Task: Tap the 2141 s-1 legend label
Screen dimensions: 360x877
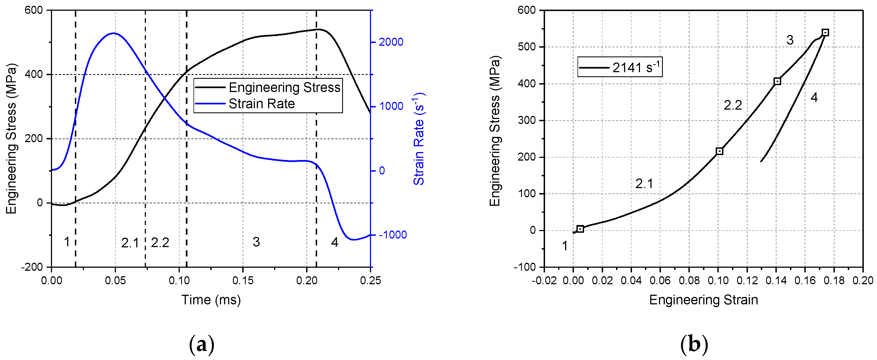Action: pos(636,67)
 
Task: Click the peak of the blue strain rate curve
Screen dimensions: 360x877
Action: pos(114,33)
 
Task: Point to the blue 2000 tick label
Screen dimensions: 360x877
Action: pos(391,42)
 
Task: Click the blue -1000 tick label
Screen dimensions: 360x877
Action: pos(393,235)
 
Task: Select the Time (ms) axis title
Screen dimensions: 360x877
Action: pos(211,300)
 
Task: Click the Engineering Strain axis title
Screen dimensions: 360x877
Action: pos(703,300)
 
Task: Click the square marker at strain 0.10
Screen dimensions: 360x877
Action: pos(719,151)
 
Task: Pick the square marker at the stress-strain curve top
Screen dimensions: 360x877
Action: pos(825,33)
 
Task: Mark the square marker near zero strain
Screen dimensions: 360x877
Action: pos(581,229)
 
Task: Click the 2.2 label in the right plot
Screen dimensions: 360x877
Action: pos(733,105)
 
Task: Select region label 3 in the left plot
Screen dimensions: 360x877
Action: pos(256,242)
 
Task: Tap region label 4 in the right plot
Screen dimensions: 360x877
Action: pos(814,98)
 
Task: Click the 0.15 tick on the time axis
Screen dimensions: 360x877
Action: pos(243,281)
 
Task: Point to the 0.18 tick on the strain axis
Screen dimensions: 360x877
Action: pos(834,281)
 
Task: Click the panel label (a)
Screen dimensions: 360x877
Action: pos(201,344)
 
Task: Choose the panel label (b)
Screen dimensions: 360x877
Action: pos(694,344)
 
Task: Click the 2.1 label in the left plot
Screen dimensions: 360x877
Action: pos(130,243)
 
